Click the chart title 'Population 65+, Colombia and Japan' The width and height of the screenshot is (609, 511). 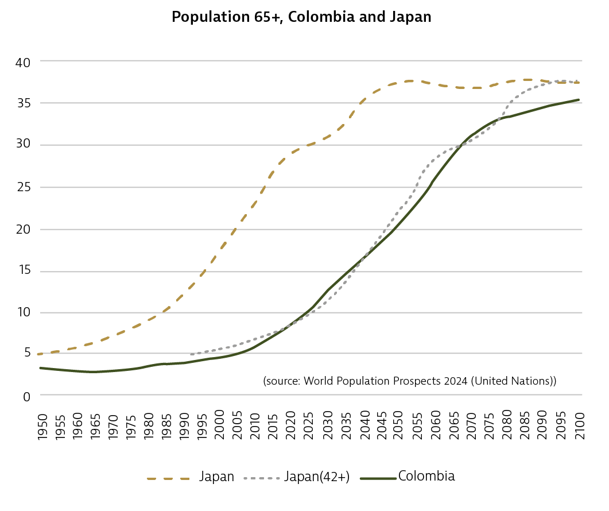point(301,17)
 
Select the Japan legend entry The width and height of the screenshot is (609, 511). point(216,477)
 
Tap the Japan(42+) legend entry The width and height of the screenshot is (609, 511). point(317,477)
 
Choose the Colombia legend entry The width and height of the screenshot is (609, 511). point(426,477)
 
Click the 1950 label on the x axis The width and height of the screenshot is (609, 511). point(42,425)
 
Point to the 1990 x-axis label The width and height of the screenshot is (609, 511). point(185,425)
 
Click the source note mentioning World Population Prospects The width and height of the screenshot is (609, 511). point(409,381)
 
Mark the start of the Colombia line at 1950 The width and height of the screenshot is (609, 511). point(40,368)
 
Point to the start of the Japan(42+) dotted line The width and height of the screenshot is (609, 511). point(191,354)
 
